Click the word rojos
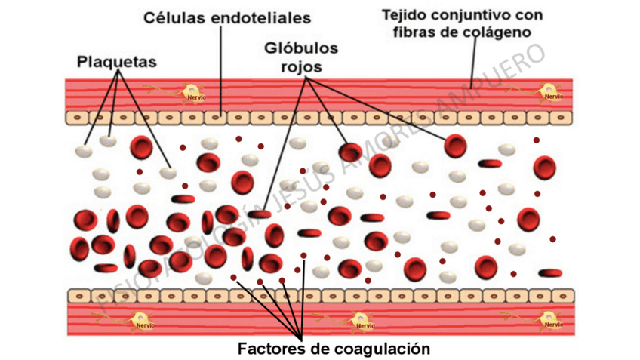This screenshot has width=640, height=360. [301, 66]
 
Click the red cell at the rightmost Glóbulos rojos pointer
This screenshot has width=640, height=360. [455, 145]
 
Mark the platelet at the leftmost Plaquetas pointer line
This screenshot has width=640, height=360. [84, 151]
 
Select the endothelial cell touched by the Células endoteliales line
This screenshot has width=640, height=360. [218, 118]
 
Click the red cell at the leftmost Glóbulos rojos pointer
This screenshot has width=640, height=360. [260, 215]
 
